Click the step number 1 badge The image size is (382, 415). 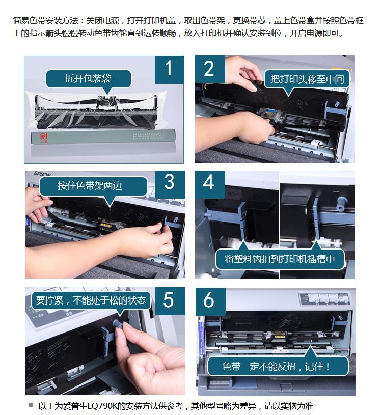point(169,69)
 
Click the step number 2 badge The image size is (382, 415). point(210,69)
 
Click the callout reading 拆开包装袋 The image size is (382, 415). point(89,79)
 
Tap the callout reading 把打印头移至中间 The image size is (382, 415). point(307,79)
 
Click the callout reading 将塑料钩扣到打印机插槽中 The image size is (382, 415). point(280,259)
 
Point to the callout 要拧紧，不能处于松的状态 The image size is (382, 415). point(91,300)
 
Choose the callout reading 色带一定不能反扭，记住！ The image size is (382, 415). point(277,366)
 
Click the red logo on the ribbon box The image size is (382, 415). point(44,137)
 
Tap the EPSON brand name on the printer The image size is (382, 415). point(42,174)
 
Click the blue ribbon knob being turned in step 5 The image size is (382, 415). point(117,324)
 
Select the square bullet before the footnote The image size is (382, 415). point(31,405)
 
